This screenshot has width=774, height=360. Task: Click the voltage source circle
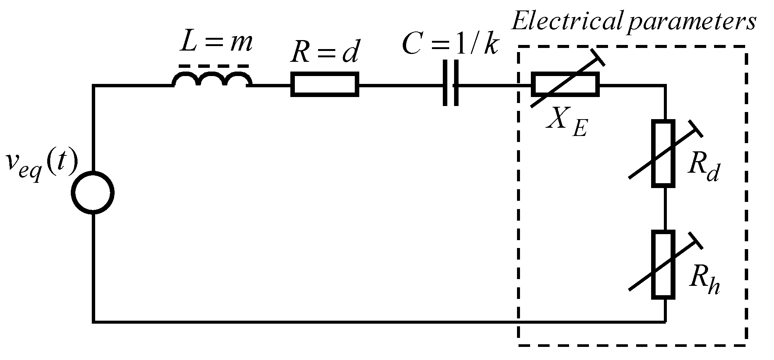(93, 193)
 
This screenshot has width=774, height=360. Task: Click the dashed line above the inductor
(214, 66)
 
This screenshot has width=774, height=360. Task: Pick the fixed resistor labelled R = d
(325, 85)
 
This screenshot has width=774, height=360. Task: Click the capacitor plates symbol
(450, 83)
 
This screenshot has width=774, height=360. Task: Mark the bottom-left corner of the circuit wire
(93, 321)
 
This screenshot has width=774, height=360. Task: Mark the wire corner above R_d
(665, 86)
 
